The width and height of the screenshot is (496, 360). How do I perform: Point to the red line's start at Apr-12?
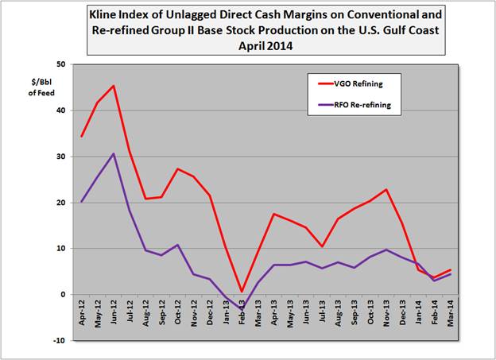click(83, 137)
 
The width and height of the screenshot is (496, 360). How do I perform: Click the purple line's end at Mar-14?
click(451, 274)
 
